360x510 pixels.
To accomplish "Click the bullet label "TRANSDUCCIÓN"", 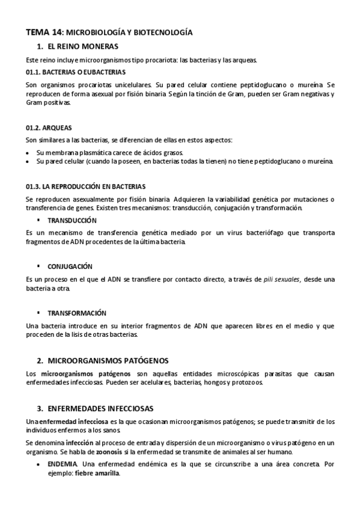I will coord(72,221).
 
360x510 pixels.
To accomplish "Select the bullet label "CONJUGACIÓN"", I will coord(70,266).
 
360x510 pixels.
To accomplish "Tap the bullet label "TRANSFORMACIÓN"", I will coord(77,313).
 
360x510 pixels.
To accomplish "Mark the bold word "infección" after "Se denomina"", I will coord(80,443).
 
